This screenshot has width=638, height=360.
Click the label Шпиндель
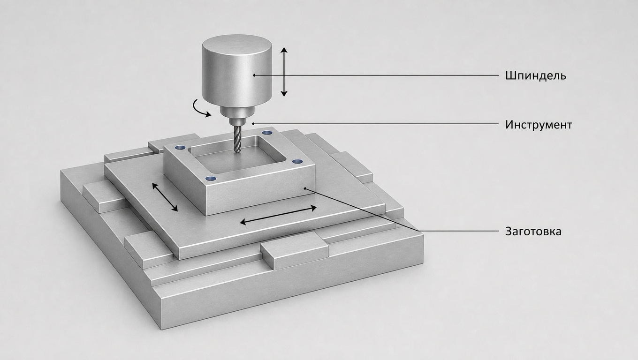[536, 76]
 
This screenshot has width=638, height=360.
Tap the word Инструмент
[539, 125]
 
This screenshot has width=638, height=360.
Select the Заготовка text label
[533, 232]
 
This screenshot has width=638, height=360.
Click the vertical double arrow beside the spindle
[284, 72]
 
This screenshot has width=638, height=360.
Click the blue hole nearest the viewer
[211, 179]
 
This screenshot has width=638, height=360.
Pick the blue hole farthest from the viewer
[267, 133]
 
